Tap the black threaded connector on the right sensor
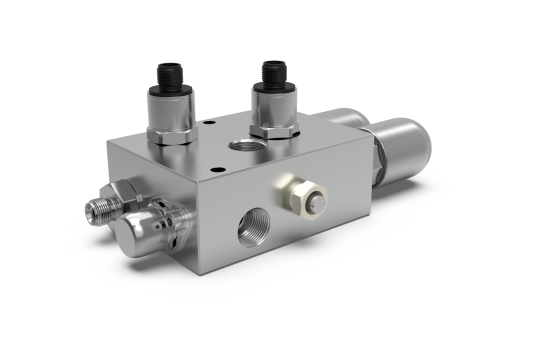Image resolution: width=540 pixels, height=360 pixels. [271, 71]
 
